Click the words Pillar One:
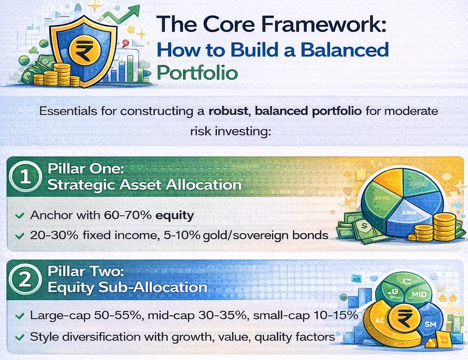(86, 168)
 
